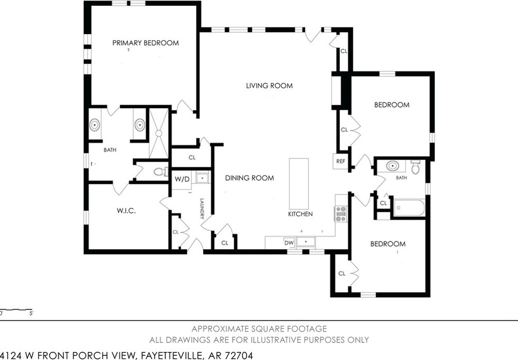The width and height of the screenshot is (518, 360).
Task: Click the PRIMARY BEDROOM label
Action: pyautogui.click(x=146, y=43)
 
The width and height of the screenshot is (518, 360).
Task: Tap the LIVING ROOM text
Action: pyautogui.click(x=269, y=86)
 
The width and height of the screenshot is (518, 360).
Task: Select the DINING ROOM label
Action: pyautogui.click(x=250, y=178)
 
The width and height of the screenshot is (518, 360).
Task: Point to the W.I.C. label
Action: pyautogui.click(x=126, y=211)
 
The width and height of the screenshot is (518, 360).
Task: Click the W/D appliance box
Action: pyautogui.click(x=182, y=180)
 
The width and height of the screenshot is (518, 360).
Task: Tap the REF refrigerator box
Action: pyautogui.click(x=341, y=162)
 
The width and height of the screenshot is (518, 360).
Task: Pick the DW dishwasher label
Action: pyautogui.click(x=289, y=243)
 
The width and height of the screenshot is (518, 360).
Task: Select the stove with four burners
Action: pyautogui.click(x=341, y=214)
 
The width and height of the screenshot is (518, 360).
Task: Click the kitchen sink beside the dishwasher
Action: pyautogui.click(x=306, y=242)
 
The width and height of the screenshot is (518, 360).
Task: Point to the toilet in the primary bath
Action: pyautogui.click(x=161, y=172)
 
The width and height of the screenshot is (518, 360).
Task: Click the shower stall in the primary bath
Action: pyautogui.click(x=159, y=133)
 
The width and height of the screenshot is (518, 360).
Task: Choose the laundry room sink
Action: pyautogui.click(x=202, y=178)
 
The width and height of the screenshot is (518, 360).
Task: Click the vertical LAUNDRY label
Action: pyautogui.click(x=202, y=209)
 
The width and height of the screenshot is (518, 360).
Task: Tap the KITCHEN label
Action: pyautogui.click(x=300, y=214)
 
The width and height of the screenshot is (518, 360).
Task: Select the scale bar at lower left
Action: pyautogui.click(x=16, y=310)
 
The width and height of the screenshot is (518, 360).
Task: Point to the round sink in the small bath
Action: pyautogui.click(x=392, y=166)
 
